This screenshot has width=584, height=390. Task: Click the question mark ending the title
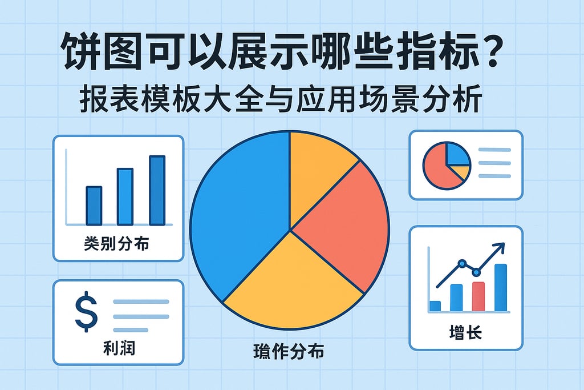pos(489,55)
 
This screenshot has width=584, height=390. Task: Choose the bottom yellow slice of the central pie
pos(291,286)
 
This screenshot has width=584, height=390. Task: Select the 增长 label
pos(466,332)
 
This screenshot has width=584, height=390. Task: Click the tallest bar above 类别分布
pos(157,190)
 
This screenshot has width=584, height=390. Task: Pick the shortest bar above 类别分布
pos(94,206)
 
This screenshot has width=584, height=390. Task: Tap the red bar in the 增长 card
pos(478,296)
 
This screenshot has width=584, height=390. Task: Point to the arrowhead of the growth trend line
pos(501,247)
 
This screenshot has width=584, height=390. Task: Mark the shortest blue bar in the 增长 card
pos(435,306)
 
